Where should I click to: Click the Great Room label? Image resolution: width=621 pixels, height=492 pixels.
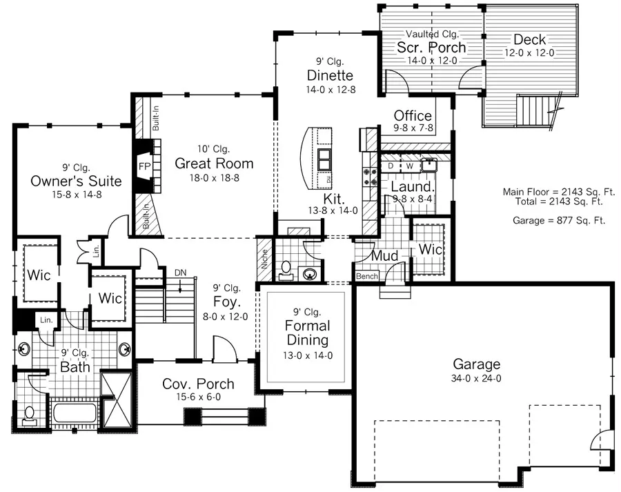pyautogui.click(x=214, y=164)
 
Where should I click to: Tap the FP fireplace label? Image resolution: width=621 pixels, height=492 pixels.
pyautogui.click(x=145, y=166)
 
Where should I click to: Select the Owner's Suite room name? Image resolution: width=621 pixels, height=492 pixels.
pyautogui.click(x=76, y=181)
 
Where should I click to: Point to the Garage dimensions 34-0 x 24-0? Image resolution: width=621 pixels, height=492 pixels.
pyautogui.click(x=476, y=378)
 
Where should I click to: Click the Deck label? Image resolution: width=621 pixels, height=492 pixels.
pyautogui.click(x=529, y=39)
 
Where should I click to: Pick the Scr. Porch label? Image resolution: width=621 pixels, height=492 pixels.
pyautogui.click(x=431, y=47)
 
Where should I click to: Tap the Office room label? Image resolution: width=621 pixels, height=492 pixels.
pyautogui.click(x=413, y=116)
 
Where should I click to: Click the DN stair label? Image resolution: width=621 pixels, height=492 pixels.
pyautogui.click(x=181, y=273)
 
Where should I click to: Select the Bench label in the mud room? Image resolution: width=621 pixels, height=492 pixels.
pyautogui.click(x=367, y=276)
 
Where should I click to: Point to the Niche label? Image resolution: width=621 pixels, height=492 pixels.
pyautogui.click(x=264, y=259)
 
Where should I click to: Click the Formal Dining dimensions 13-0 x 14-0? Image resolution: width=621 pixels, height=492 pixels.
pyautogui.click(x=308, y=355)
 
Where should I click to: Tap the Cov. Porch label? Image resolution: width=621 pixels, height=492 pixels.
pyautogui.click(x=198, y=384)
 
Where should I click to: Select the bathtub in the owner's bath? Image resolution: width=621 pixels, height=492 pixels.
pyautogui.click(x=75, y=413)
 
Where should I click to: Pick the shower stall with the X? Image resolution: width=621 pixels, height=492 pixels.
pyautogui.click(x=116, y=400)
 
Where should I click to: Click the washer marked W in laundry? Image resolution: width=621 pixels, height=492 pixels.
pyautogui.click(x=411, y=166)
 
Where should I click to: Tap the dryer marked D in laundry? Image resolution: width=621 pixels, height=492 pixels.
pyautogui.click(x=391, y=166)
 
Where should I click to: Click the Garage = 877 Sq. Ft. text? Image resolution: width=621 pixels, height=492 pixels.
pyautogui.click(x=559, y=220)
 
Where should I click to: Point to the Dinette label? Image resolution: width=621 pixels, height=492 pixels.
pyautogui.click(x=330, y=75)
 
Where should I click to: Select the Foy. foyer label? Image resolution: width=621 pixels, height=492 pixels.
pyautogui.click(x=227, y=302)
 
